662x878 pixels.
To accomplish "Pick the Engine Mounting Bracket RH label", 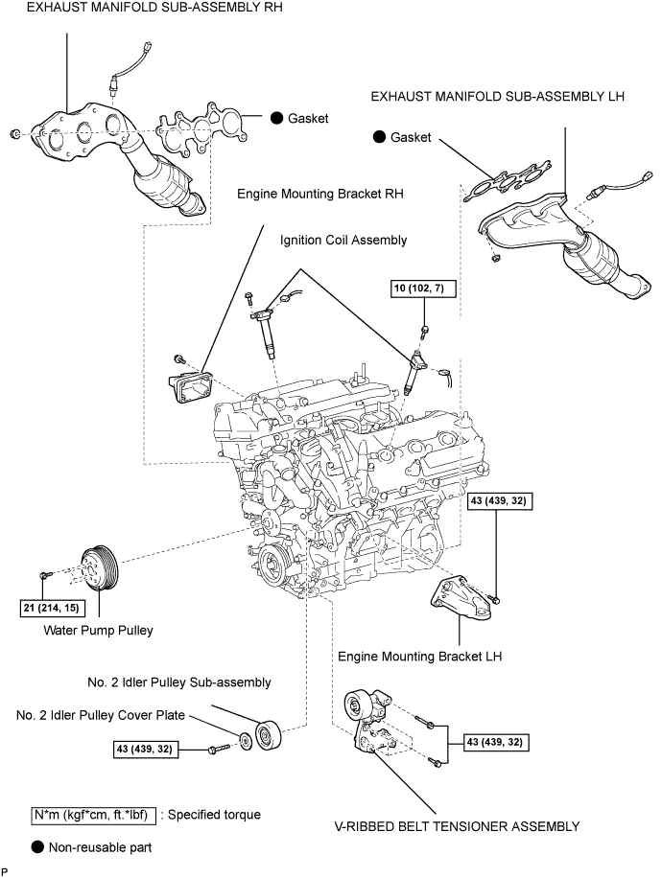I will (320, 193).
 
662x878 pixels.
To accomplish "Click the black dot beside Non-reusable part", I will (37, 847).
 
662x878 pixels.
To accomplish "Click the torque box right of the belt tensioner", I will (494, 742).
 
